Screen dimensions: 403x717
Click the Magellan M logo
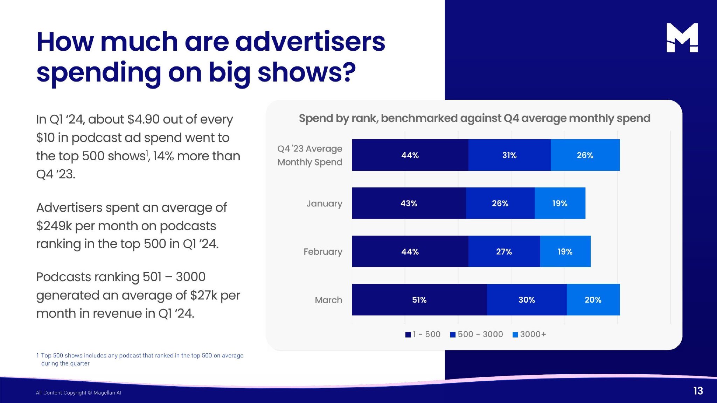682,38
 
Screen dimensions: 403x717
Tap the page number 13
698,391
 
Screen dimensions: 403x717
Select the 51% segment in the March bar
419,300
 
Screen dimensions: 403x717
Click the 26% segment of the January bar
500,203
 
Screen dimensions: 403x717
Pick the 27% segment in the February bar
504,252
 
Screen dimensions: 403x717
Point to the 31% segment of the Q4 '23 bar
509,155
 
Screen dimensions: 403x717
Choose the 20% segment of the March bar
593,300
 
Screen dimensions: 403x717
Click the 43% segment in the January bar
409,203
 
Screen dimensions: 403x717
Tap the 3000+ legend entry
529,334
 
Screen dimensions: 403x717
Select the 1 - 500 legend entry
423,334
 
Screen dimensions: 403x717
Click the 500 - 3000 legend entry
476,334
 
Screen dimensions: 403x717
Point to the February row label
323,252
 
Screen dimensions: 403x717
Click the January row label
324,203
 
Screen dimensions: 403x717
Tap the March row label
328,300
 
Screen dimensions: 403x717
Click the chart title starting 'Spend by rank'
474,118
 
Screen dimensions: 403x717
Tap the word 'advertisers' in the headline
310,42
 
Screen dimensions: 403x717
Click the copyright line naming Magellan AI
78,393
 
